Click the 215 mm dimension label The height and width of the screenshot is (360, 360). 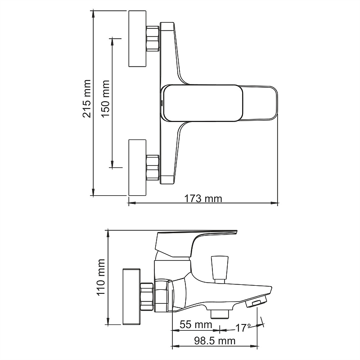[87, 99]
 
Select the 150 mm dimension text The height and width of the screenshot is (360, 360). [105, 99]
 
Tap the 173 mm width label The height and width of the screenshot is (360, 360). [203, 198]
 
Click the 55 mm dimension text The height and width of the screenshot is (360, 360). [196, 324]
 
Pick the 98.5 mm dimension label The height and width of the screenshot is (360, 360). [215, 341]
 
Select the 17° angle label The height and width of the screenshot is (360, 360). [243, 328]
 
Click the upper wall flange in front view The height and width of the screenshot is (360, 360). [137, 39]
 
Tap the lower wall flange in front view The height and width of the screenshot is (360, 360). [137, 167]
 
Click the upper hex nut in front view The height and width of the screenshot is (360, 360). [153, 38]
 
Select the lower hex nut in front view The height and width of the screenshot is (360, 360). [153, 167]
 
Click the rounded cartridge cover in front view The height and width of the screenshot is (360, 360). [203, 103]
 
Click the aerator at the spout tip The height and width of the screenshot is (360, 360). [256, 301]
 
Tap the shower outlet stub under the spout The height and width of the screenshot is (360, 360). [220, 314]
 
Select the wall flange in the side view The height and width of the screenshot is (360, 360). [131, 297]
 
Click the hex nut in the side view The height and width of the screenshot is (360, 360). [147, 297]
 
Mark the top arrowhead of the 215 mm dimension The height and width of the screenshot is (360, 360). [93, 14]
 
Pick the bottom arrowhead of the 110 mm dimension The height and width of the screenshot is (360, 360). [108, 321]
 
